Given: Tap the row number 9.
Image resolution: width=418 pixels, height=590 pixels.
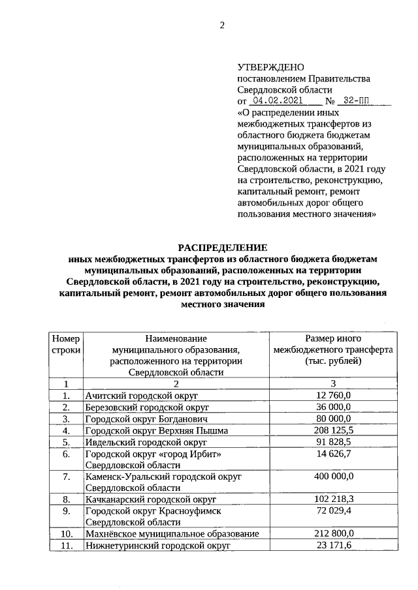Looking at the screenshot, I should click(x=66, y=512).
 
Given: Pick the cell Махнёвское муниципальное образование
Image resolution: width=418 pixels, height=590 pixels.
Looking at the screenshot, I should click(x=172, y=535).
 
